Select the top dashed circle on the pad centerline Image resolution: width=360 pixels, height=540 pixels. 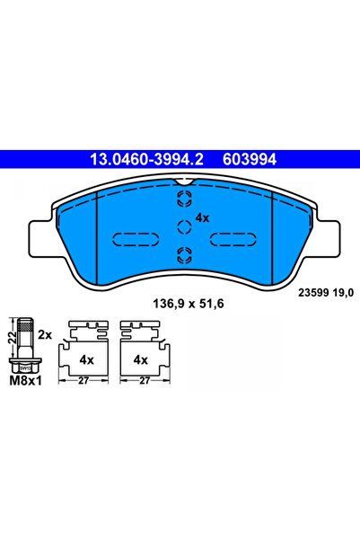(182, 200)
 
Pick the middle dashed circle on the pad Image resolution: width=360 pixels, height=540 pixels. (182, 226)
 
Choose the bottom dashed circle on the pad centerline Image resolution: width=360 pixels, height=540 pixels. (182, 252)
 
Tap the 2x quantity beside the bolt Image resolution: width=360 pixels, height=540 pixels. (46, 333)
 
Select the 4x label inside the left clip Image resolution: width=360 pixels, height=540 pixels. (88, 359)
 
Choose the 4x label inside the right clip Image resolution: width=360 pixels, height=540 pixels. (140, 359)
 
